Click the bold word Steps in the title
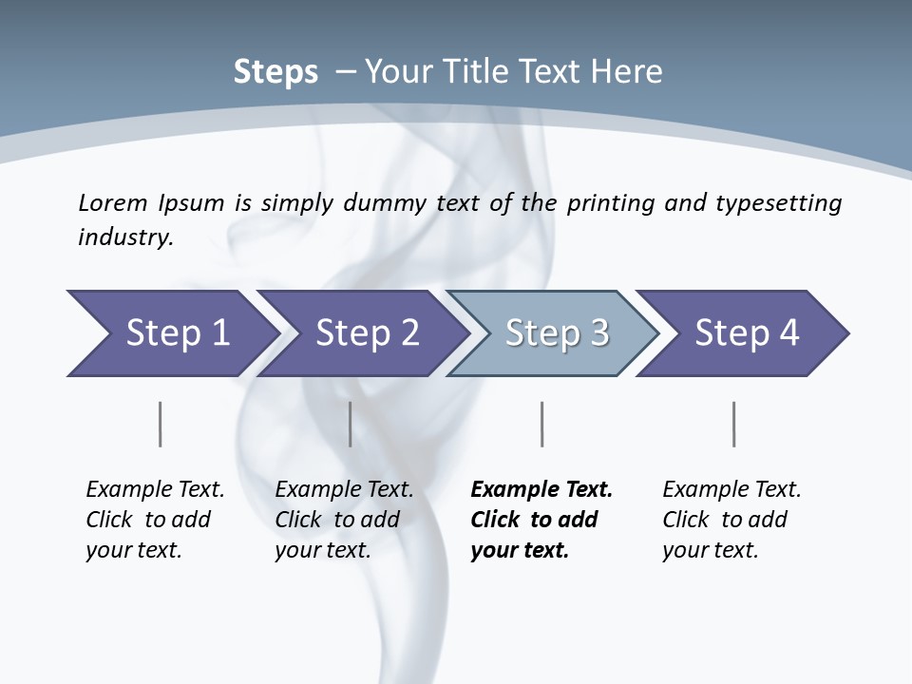[x=275, y=72]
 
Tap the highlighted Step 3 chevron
[x=557, y=333]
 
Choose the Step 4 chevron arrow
[x=747, y=333]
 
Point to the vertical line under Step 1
[x=160, y=424]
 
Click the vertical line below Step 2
[x=351, y=424]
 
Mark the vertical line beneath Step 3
[x=541, y=424]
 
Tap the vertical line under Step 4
[x=733, y=424]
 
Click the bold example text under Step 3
[x=541, y=520]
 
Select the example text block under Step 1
[x=155, y=520]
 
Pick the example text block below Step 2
[x=344, y=520]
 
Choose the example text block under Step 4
[x=731, y=520]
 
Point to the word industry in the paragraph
[x=124, y=237]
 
